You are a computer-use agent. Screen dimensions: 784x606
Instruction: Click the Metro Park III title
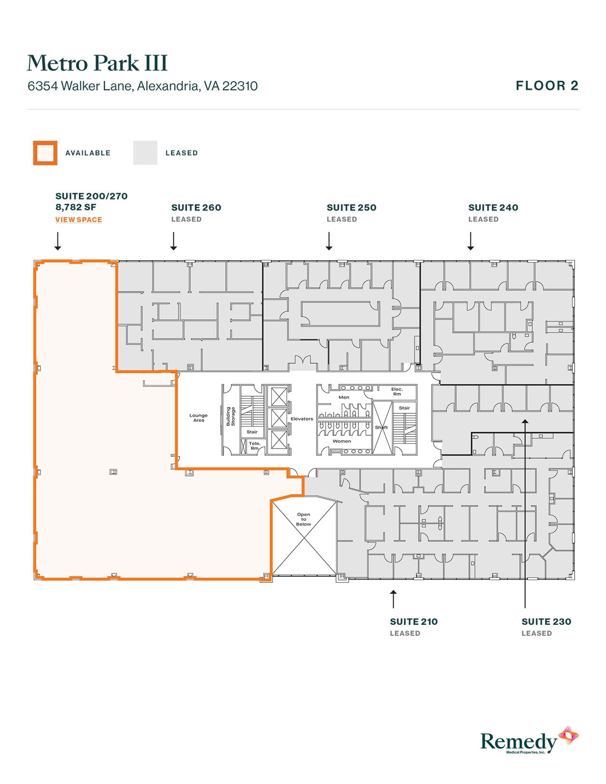pyautogui.click(x=97, y=63)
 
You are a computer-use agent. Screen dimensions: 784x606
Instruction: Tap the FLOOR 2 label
pyautogui.click(x=547, y=86)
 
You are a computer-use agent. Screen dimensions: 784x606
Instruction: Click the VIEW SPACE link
pyautogui.click(x=78, y=220)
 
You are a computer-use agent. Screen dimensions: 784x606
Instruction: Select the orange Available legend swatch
pyautogui.click(x=45, y=153)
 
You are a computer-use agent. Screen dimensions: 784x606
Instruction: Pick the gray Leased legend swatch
pyautogui.click(x=145, y=153)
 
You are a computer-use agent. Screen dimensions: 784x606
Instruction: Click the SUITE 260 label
pyautogui.click(x=196, y=208)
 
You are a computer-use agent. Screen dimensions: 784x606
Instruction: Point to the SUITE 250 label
pyautogui.click(x=351, y=208)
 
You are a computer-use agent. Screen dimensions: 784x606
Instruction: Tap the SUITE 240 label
pyautogui.click(x=493, y=208)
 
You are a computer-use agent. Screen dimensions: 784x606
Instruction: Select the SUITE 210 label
pyautogui.click(x=414, y=621)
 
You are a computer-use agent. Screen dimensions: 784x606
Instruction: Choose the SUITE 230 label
pyautogui.click(x=546, y=621)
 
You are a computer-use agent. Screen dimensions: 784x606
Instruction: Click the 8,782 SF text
pyautogui.click(x=76, y=207)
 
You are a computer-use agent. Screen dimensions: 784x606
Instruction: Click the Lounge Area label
pyautogui.click(x=199, y=418)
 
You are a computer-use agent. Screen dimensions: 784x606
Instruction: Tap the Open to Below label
pyautogui.click(x=304, y=519)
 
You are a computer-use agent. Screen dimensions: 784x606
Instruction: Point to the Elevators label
pyautogui.click(x=302, y=419)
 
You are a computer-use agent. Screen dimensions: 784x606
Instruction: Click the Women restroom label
pyautogui.click(x=342, y=441)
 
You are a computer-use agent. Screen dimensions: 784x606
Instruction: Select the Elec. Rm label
pyautogui.click(x=397, y=392)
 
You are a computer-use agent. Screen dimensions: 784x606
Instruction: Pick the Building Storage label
pyautogui.click(x=231, y=416)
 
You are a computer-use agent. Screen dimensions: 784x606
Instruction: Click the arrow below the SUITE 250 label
pyautogui.click(x=329, y=241)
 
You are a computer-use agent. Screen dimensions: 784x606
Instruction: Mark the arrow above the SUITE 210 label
pyautogui.click(x=393, y=599)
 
